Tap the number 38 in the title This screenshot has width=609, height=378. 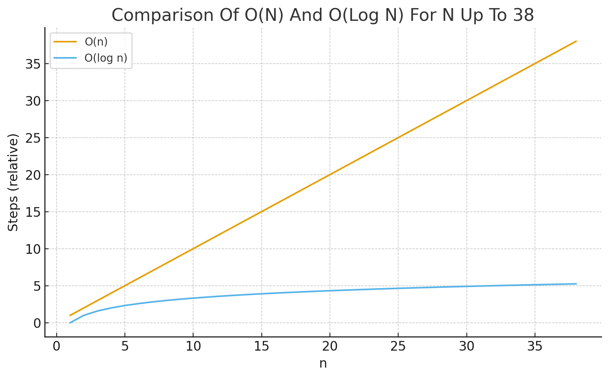(523, 15)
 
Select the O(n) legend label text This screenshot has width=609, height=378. (96, 42)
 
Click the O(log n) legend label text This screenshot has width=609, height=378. (106, 58)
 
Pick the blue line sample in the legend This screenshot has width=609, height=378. (65, 58)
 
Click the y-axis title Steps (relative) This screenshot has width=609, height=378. (13, 182)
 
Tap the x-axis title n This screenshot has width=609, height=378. (323, 363)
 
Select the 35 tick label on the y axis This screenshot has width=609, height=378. (33, 64)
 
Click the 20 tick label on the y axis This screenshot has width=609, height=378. (33, 175)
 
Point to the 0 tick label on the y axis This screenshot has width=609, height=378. (37, 323)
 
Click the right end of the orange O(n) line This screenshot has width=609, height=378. (576, 41)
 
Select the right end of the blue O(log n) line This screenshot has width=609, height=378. (576, 284)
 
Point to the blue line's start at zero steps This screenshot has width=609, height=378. (70, 323)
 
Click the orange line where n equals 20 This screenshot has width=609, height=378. (330, 175)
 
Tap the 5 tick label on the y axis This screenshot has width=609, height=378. (37, 286)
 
